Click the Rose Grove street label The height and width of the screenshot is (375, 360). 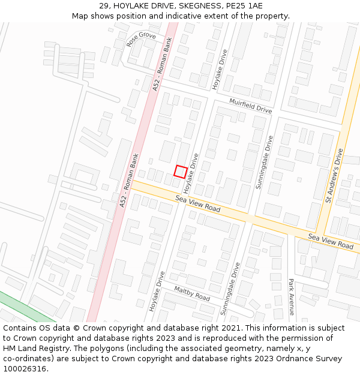tap(141, 40)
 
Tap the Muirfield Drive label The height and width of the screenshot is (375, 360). tap(250, 106)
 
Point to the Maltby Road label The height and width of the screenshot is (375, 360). tap(192, 293)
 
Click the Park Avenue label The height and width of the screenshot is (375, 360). tap(292, 296)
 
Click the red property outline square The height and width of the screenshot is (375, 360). tap(179, 171)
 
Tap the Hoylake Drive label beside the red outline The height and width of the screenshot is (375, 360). tap(191, 172)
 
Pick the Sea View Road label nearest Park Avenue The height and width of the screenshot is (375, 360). tap(331, 241)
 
